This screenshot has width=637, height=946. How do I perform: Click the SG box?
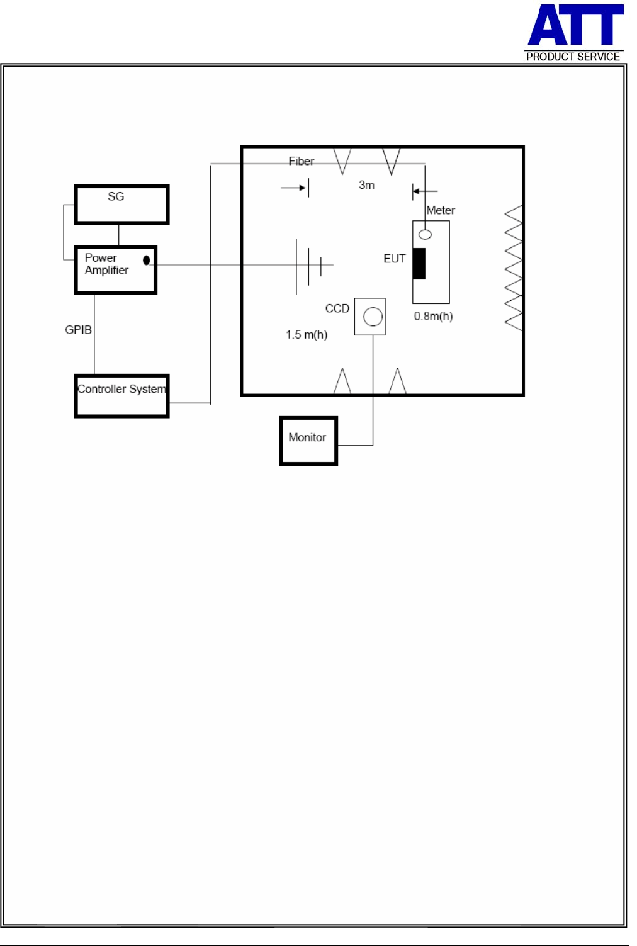[121, 205]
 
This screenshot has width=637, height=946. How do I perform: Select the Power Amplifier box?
[116, 270]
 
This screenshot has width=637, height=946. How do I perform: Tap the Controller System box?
[121, 396]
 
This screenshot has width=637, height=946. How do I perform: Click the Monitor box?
[308, 441]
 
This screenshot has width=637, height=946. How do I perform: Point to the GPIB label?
[78, 330]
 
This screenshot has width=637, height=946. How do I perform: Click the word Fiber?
[301, 161]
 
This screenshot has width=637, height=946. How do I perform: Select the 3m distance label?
[366, 185]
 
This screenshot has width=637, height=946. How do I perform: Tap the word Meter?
[441, 210]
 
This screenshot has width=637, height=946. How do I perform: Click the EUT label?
[395, 259]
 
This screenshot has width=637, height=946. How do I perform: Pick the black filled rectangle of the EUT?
[419, 264]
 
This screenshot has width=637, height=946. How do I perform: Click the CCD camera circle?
[373, 317]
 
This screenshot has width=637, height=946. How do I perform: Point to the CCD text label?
[337, 308]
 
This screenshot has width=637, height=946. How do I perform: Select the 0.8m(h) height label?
[433, 316]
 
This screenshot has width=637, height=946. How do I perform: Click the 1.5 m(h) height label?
[307, 334]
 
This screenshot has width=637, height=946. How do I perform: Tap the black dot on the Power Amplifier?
[146, 260]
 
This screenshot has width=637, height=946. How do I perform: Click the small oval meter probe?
[426, 235]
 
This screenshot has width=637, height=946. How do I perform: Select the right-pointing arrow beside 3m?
[294, 188]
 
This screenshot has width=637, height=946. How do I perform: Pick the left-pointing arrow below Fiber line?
[425, 191]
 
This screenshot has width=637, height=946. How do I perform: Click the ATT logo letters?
[575, 25]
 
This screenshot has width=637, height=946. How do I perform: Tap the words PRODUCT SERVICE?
[573, 57]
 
